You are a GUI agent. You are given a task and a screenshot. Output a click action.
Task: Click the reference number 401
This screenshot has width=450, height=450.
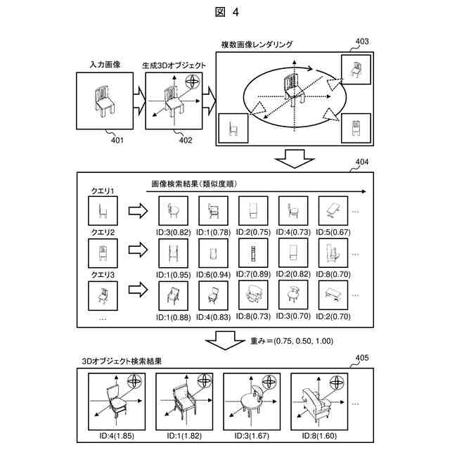117,140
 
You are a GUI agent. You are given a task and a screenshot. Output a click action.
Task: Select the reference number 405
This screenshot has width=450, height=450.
360,357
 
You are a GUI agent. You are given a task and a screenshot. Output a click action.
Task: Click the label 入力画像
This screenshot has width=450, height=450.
105,65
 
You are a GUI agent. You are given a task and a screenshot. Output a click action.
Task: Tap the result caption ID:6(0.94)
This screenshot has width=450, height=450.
210,275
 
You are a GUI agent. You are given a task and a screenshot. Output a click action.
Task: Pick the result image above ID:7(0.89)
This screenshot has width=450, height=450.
251,253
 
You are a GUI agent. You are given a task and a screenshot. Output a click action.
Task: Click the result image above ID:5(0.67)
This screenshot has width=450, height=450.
333,210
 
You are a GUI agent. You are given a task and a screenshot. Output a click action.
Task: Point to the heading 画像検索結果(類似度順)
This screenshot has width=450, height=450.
194,184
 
